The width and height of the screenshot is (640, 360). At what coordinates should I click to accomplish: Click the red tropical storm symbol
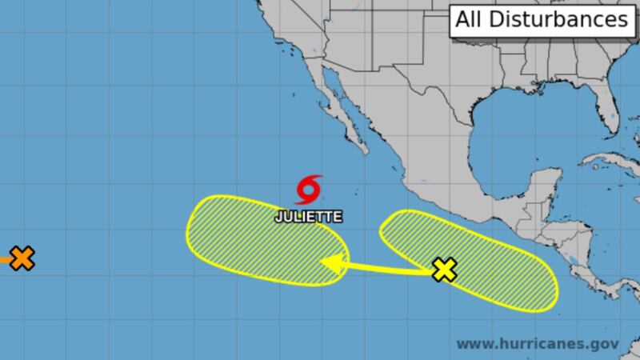point(309,190)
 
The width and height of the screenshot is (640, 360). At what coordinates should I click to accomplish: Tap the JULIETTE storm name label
point(308,216)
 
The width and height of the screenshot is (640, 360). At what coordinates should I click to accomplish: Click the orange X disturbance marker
point(23,258)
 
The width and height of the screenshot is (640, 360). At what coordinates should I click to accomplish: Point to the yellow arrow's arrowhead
point(327,262)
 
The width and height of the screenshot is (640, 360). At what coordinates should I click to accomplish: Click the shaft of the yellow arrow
point(384,267)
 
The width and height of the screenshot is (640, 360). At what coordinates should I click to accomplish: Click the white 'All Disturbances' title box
point(541,21)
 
